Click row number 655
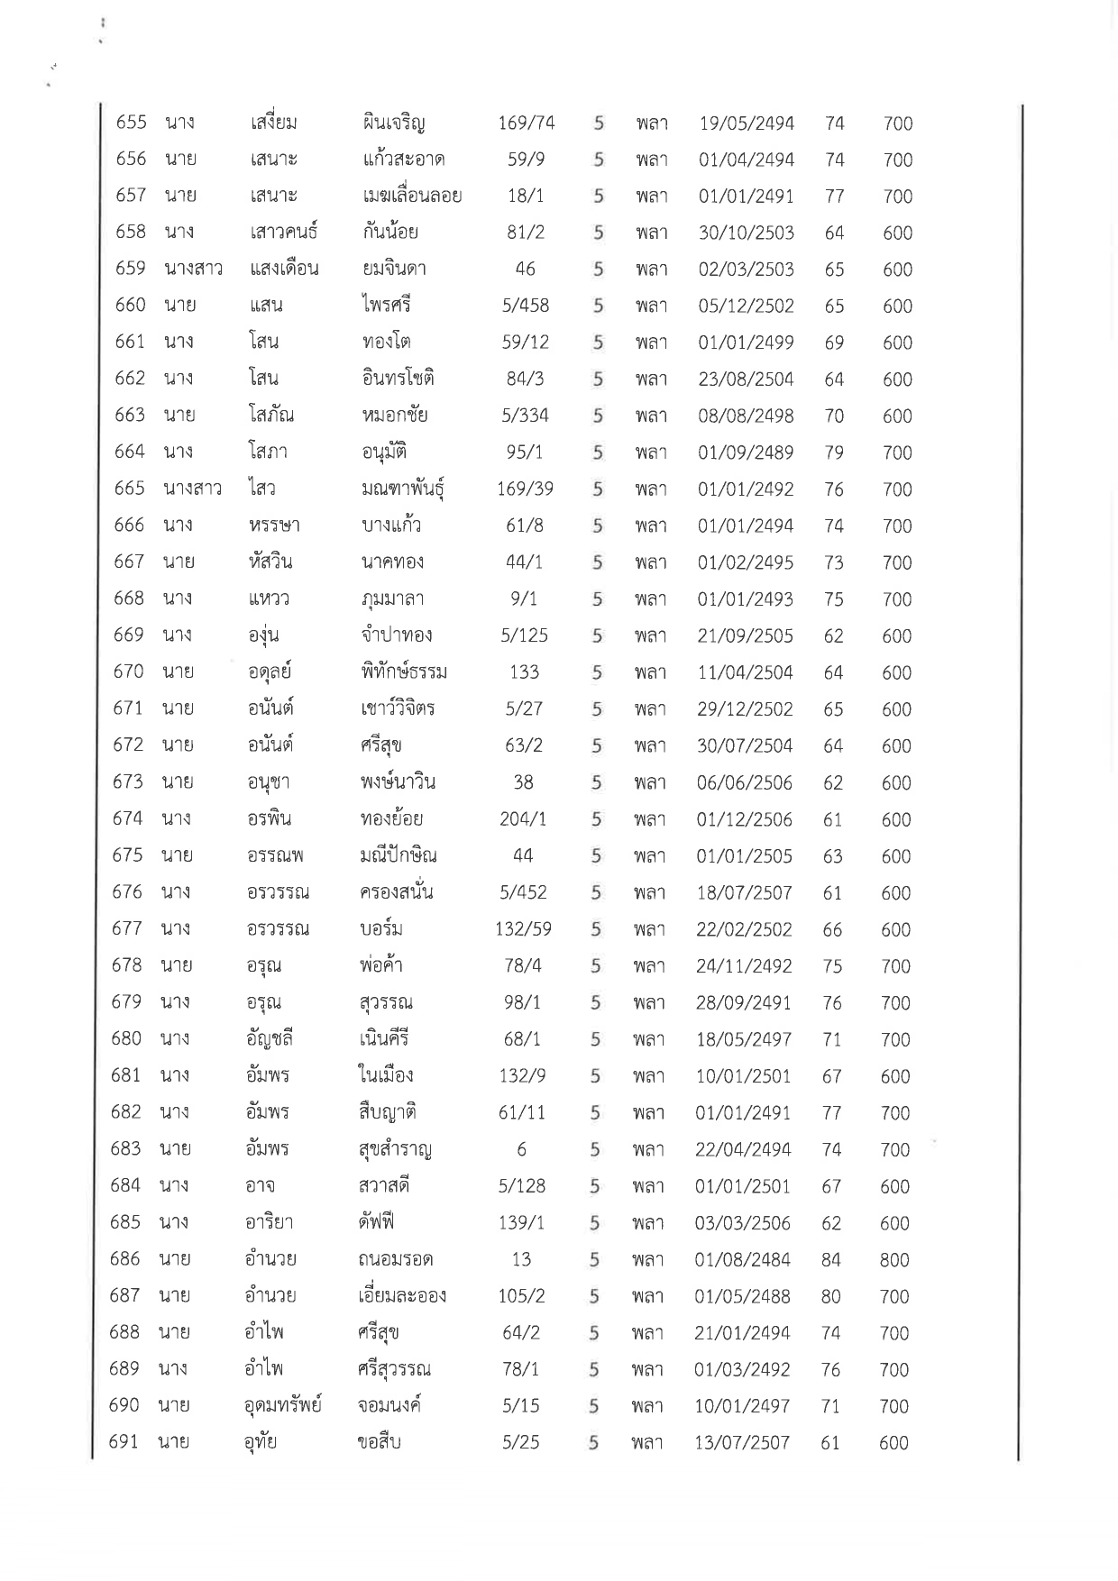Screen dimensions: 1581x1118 (131, 123)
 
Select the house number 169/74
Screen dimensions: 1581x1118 (526, 123)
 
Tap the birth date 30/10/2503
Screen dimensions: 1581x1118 (746, 233)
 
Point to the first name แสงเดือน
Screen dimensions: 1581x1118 (284, 269)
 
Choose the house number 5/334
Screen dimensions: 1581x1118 (525, 416)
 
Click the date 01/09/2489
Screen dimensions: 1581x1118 (746, 452)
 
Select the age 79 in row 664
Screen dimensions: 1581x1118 (834, 452)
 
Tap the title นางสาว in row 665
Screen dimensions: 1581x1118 (192, 489)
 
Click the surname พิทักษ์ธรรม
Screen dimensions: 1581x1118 (402, 672)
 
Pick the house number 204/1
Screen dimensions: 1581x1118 (523, 819)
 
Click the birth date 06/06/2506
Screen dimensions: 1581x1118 (745, 782)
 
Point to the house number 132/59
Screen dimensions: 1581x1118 (523, 929)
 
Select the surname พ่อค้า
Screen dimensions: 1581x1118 (380, 965)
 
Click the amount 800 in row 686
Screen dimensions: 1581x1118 (894, 1260)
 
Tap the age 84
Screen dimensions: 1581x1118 (830, 1260)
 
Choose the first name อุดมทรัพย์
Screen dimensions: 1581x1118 (283, 1406)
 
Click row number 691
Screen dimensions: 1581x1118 (124, 1442)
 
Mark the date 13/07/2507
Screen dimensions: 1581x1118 (742, 1443)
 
